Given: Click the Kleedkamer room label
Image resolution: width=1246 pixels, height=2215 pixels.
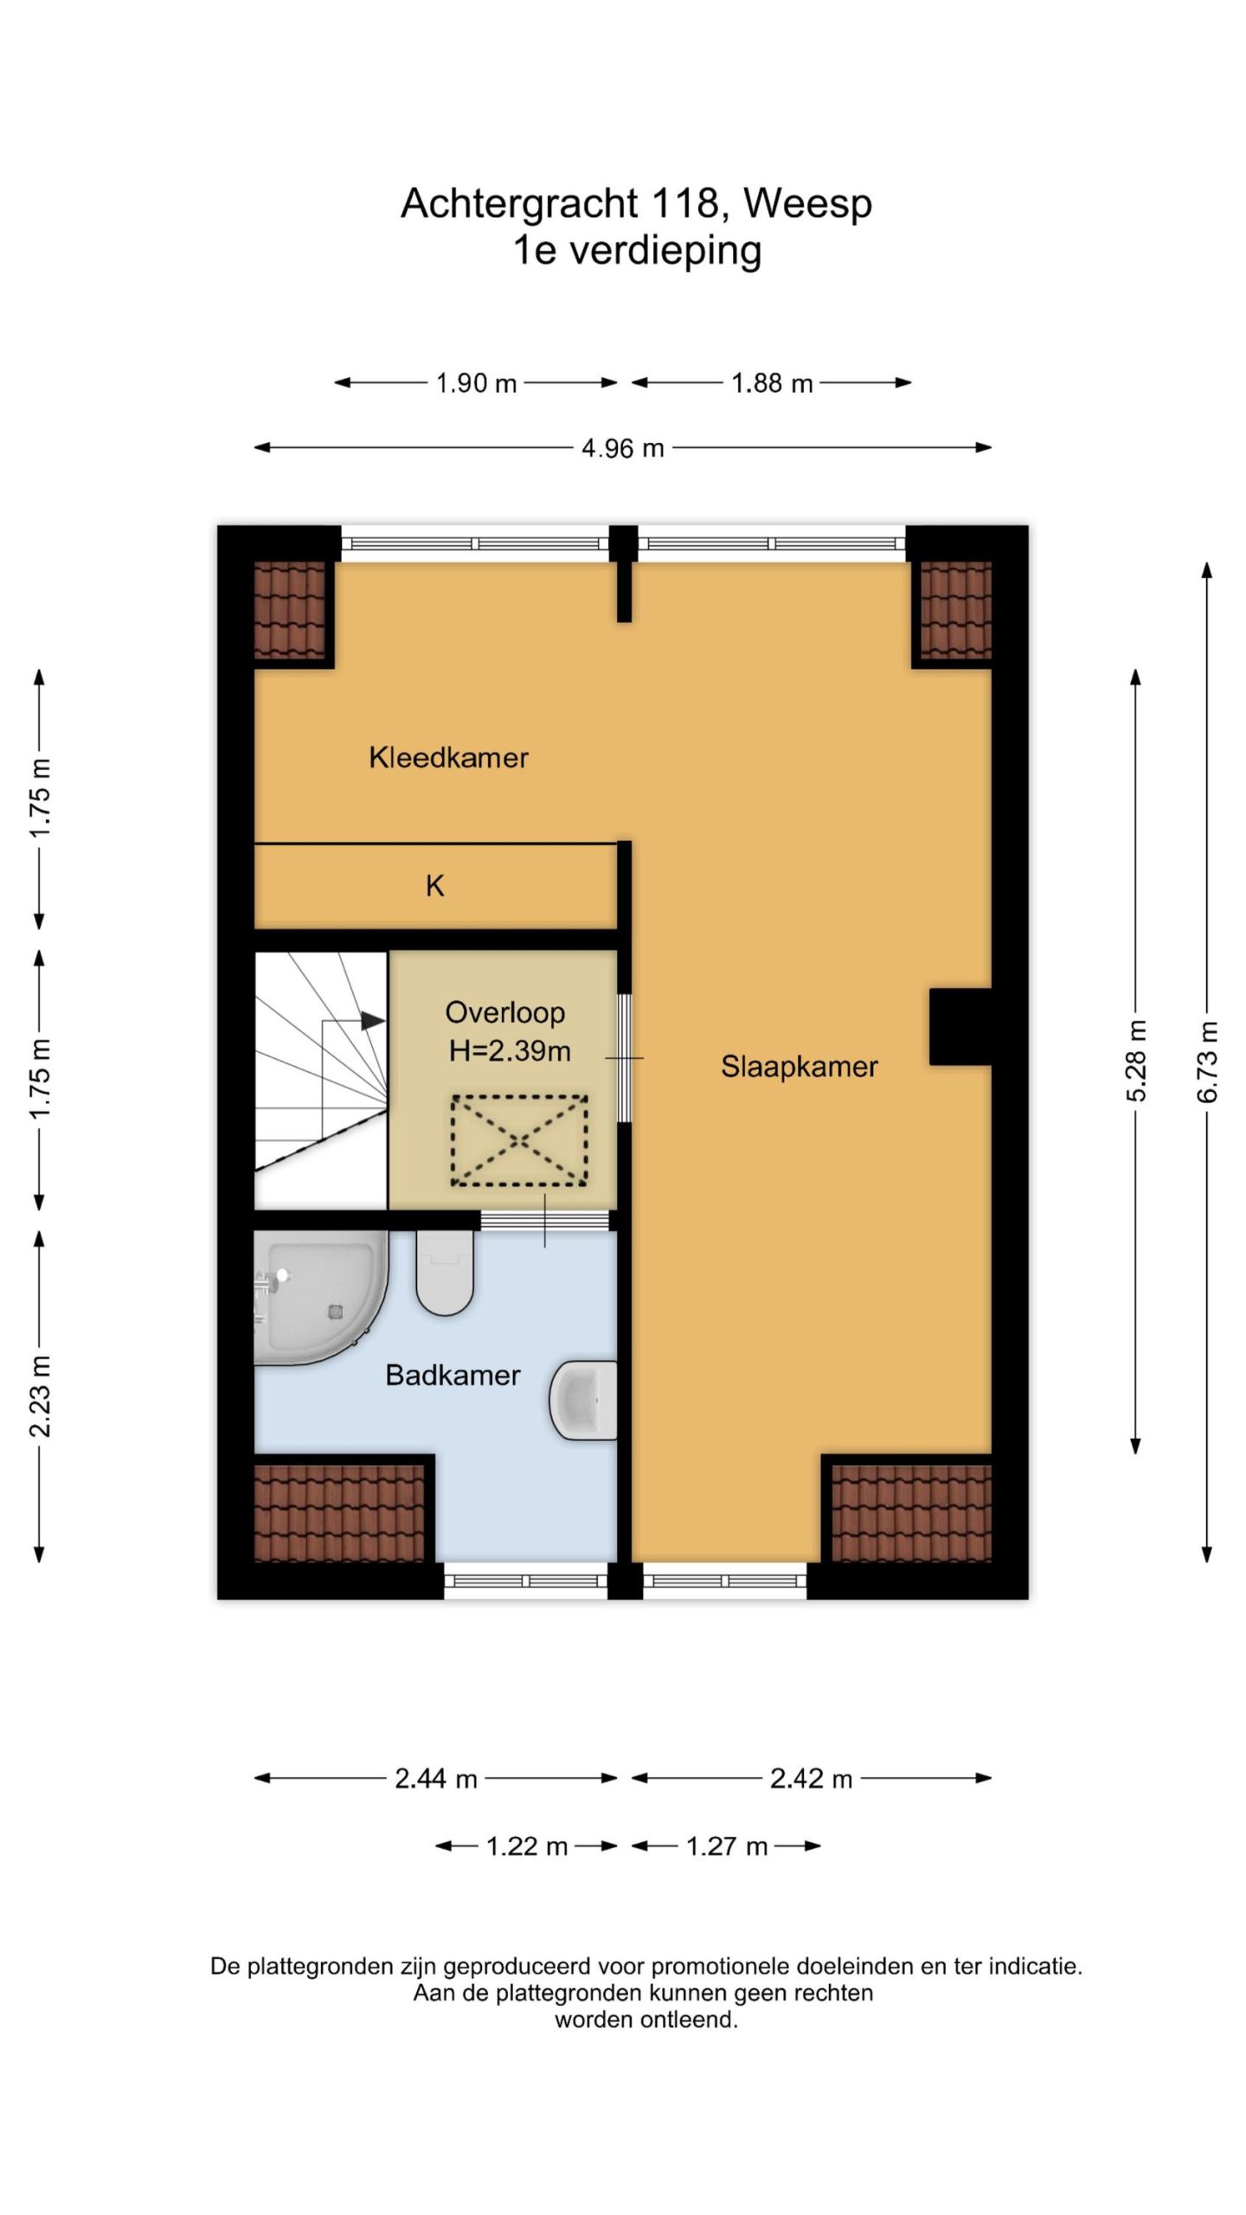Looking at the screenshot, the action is click(448, 757).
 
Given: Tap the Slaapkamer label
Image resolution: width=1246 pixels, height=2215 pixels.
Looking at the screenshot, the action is click(799, 1066).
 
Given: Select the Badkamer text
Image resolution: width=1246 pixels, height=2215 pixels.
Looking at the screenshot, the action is click(453, 1375).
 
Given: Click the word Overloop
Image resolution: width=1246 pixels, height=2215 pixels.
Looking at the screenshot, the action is click(504, 1012).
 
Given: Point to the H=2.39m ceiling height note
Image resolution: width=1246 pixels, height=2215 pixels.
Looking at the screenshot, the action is click(509, 1050).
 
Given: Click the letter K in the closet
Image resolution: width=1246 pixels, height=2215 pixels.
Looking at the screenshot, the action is click(434, 885).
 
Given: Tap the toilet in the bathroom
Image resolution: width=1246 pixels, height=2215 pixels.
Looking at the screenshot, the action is click(445, 1272).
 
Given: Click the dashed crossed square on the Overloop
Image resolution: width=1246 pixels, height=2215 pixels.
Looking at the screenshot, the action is click(519, 1140).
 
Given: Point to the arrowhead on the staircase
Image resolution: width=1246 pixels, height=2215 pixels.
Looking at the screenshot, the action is click(372, 1021).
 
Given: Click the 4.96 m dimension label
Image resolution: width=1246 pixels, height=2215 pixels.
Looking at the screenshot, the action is click(622, 448).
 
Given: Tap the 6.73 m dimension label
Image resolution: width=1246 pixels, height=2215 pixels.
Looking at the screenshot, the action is click(1208, 1062).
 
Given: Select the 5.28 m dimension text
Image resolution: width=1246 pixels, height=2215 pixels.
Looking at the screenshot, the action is click(1136, 1061).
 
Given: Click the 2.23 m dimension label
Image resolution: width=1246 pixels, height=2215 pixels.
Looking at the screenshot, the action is click(40, 1396).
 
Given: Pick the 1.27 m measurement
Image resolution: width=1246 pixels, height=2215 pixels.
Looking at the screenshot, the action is click(727, 1846).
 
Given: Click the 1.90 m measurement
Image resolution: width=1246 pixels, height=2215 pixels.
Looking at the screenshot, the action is click(476, 382).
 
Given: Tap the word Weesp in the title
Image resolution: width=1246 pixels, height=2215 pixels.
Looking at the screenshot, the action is click(807, 204).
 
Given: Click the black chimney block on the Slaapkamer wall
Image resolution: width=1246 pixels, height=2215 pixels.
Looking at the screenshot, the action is click(960, 1026).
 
